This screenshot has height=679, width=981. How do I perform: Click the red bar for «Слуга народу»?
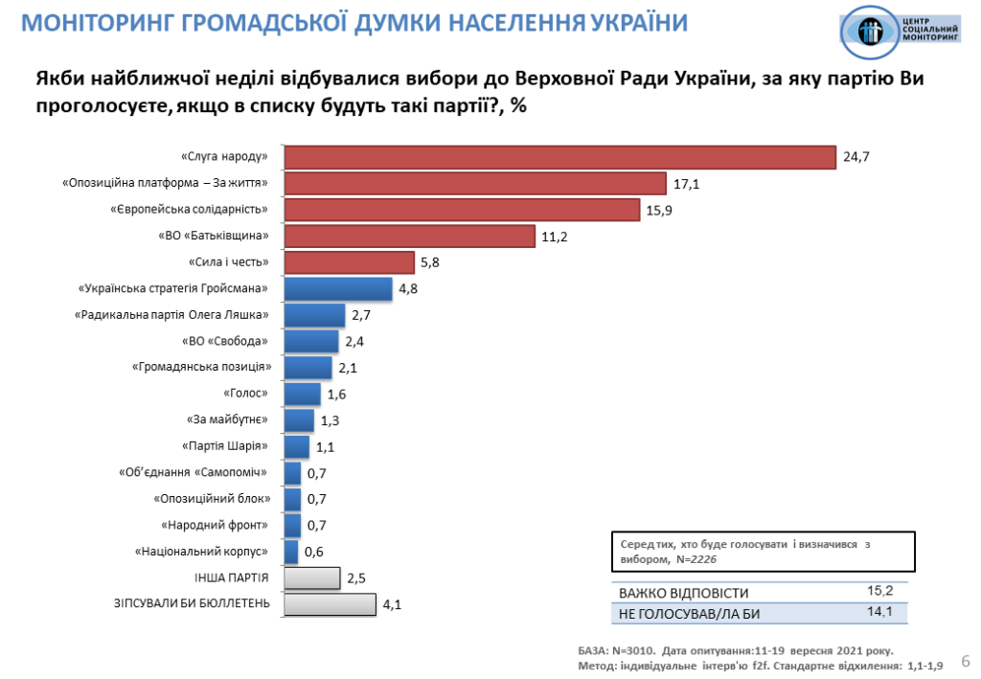(560, 156)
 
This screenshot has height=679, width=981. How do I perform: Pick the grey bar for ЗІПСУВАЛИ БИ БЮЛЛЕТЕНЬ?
(330, 604)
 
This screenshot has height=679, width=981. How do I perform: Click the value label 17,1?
(686, 183)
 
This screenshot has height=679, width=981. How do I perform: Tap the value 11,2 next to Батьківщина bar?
(555, 236)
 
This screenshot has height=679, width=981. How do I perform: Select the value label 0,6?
(313, 552)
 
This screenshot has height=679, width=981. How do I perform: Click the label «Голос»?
(245, 394)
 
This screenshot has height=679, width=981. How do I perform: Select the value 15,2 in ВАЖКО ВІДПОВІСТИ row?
(879, 591)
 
